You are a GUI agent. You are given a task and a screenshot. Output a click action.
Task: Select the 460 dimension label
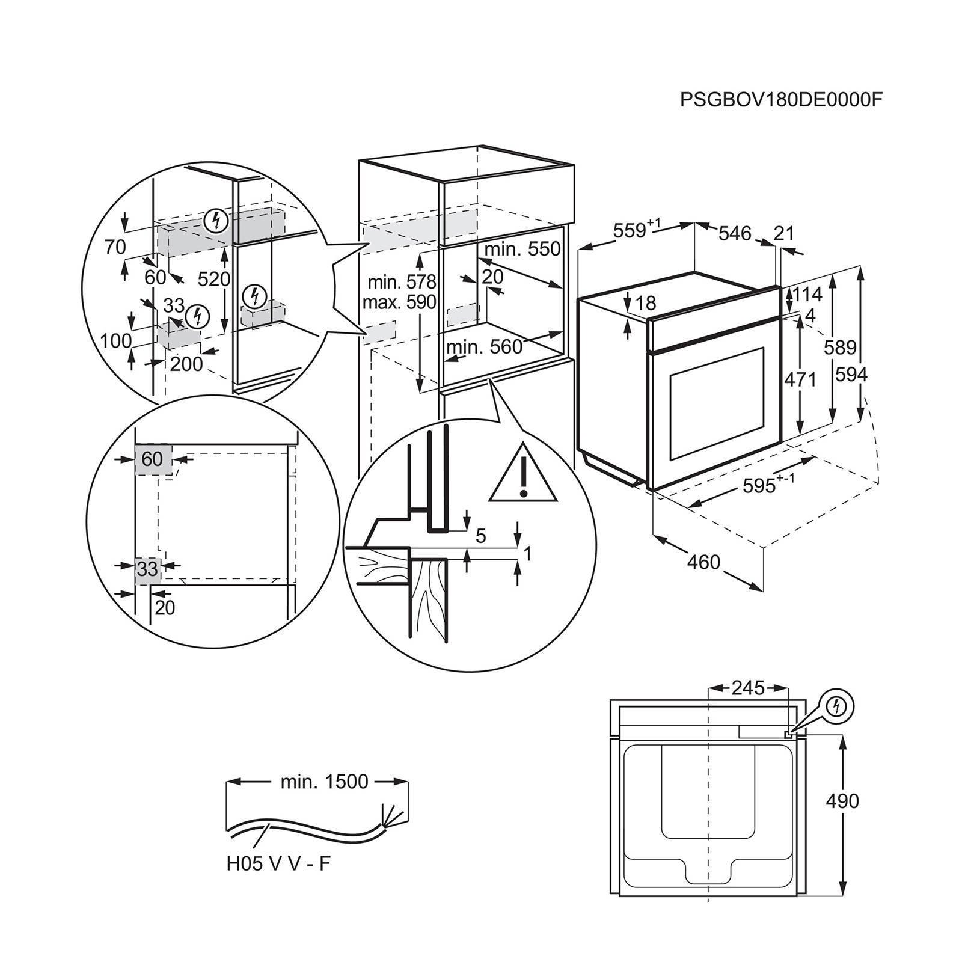click(x=703, y=562)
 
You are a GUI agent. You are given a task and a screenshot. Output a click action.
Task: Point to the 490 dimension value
click(x=842, y=801)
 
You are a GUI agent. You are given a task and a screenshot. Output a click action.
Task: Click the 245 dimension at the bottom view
click(x=748, y=688)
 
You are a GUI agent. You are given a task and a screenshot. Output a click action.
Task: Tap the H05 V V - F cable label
click(x=278, y=864)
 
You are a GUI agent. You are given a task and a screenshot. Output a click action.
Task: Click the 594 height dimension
click(x=851, y=375)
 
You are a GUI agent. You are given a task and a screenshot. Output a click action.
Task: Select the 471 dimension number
click(x=800, y=379)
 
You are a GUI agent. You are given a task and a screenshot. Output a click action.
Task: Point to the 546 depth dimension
click(x=735, y=232)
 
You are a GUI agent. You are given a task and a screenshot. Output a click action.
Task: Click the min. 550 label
click(x=522, y=249)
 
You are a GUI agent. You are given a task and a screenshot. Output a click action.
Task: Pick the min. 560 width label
click(x=485, y=347)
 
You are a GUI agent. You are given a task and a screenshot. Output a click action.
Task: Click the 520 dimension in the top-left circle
click(x=214, y=279)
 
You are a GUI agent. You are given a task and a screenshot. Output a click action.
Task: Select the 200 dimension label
click(x=186, y=363)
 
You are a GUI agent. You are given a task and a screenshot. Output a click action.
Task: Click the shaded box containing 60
click(x=153, y=460)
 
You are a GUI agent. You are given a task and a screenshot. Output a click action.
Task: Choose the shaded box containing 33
click(x=147, y=568)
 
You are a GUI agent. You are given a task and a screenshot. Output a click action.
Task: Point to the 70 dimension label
click(x=115, y=247)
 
